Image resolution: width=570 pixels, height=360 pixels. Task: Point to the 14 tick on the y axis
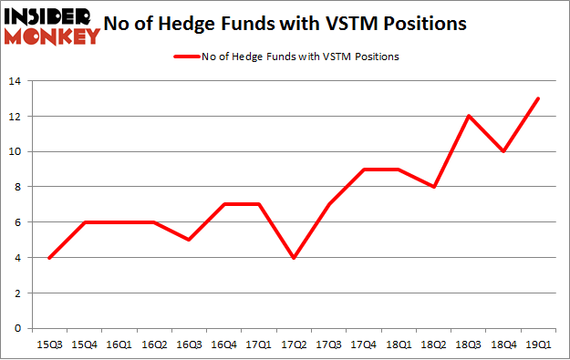pyautogui.click(x=16, y=82)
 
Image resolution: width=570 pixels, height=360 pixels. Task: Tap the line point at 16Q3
pyautogui.click(x=188, y=240)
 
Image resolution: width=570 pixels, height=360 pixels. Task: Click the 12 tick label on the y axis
pyautogui.click(x=16, y=117)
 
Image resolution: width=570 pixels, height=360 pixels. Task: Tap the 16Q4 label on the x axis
pyautogui.click(x=223, y=344)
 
